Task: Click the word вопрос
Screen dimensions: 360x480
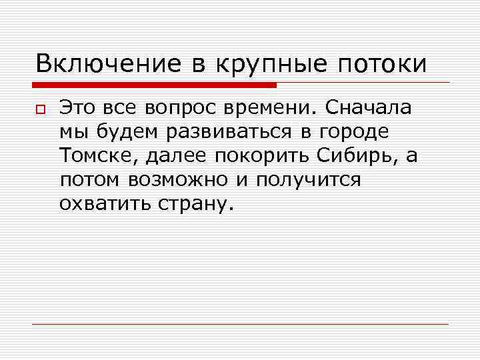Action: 177,108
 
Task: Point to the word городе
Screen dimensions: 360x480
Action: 351,132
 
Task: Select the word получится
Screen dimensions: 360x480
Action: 304,180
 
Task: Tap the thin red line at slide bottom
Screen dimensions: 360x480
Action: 240,324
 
